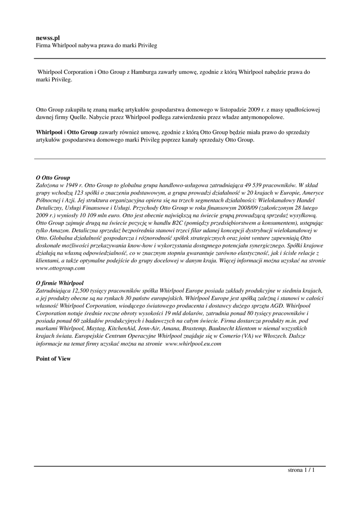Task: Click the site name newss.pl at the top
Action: point(48,38)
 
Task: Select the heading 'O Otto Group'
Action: point(53,177)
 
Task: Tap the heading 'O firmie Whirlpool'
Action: point(60,283)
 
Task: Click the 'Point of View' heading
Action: point(54,359)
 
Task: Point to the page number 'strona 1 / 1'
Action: point(301,470)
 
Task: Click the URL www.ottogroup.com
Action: point(61,268)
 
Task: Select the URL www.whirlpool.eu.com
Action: point(193,344)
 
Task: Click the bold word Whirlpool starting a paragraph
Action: point(49,132)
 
